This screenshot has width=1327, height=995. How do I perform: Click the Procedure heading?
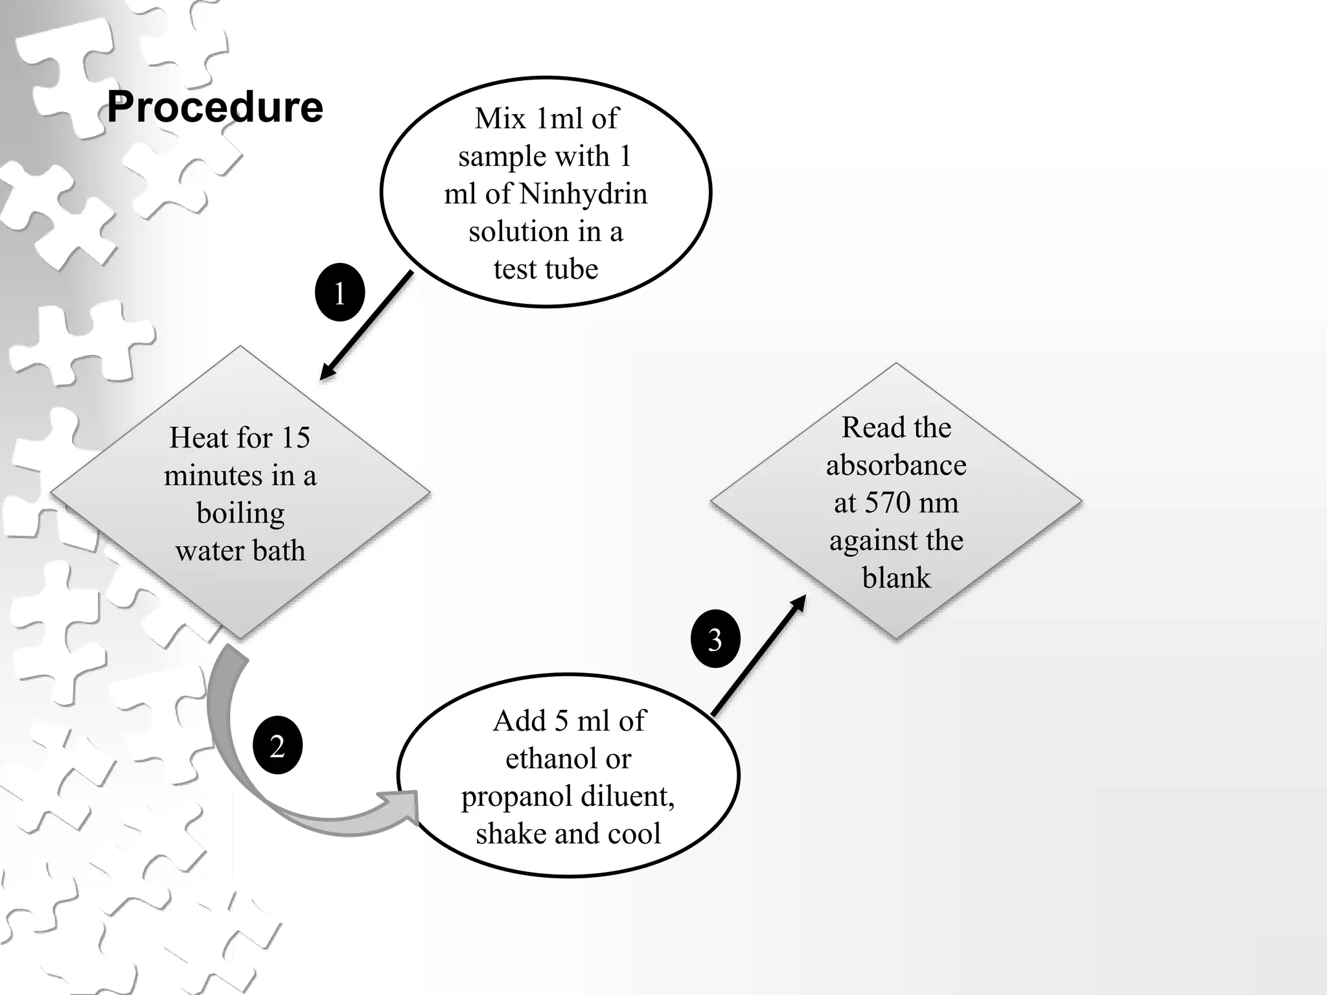[x=215, y=107]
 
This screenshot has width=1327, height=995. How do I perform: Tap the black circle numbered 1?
[x=340, y=293]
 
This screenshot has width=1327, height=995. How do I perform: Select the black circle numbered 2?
[x=277, y=746]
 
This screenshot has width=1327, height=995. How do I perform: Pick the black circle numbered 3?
[x=715, y=639]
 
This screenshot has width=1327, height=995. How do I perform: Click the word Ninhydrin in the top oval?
[x=583, y=194]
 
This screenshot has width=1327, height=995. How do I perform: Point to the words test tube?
[x=546, y=269]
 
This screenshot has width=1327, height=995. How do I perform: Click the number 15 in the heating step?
[x=295, y=438]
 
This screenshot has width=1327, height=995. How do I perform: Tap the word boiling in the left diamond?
[x=240, y=513]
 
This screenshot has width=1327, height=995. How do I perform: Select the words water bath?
[x=240, y=551]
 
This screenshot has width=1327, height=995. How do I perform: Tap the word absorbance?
[x=896, y=465]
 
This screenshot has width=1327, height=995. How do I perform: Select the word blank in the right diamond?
[x=896, y=578]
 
